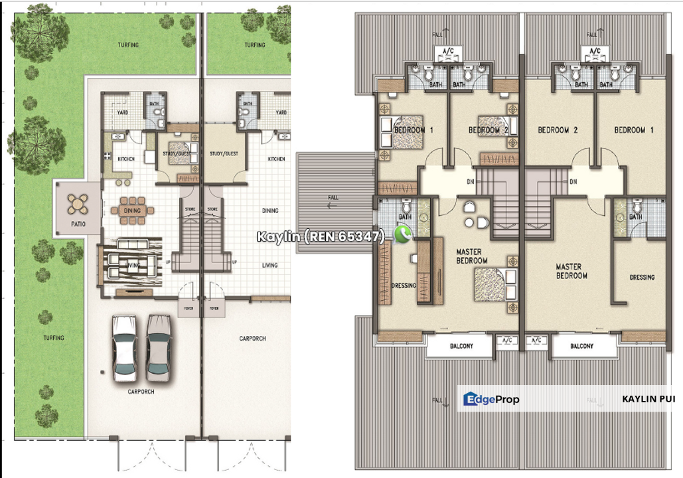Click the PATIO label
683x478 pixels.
coord(78,224)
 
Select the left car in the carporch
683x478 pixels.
coord(124,347)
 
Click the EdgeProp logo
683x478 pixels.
coord(491,399)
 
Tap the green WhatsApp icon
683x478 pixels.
coord(402,234)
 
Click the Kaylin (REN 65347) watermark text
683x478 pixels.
coord(321,236)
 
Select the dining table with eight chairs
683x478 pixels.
coord(132,210)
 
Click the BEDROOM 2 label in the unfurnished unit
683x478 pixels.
coord(558,130)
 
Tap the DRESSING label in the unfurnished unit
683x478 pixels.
coord(642,277)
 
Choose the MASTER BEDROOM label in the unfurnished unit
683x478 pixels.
coord(571,270)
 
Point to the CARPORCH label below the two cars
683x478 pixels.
coord(141,392)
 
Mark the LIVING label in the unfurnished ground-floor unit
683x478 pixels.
coord(269,265)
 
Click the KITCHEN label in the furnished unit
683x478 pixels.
coord(126,159)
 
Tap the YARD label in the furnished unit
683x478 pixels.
coord(123,113)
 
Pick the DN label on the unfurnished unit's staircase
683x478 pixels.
coord(572,181)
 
